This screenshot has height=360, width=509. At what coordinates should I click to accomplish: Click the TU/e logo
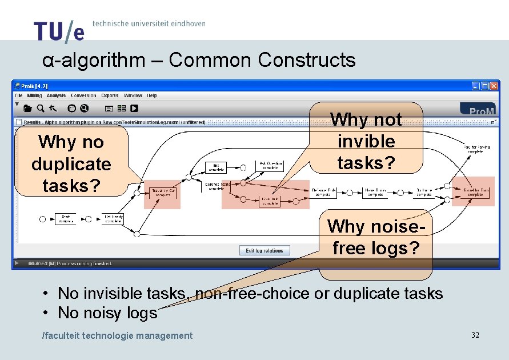(59, 31)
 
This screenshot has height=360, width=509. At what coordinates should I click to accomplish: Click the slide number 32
(475, 335)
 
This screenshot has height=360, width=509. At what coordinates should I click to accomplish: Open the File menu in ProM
(19, 95)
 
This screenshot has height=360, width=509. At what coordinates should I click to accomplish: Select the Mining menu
(34, 95)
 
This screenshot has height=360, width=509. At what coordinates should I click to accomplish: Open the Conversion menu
(83, 95)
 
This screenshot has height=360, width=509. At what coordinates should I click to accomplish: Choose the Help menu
(152, 95)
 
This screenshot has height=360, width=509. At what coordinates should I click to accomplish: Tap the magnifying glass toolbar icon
(40, 108)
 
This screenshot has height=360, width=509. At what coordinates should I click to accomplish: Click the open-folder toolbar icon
(27, 108)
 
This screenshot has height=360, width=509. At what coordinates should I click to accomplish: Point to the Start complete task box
(65, 219)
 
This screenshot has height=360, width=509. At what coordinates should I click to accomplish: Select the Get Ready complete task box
(113, 219)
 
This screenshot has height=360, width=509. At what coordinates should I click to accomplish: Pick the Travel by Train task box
(476, 192)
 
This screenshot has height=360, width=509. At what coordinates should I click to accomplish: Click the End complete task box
(216, 167)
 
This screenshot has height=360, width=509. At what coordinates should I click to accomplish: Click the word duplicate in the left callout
(71, 164)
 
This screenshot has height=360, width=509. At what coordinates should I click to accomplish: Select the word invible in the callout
(366, 141)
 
